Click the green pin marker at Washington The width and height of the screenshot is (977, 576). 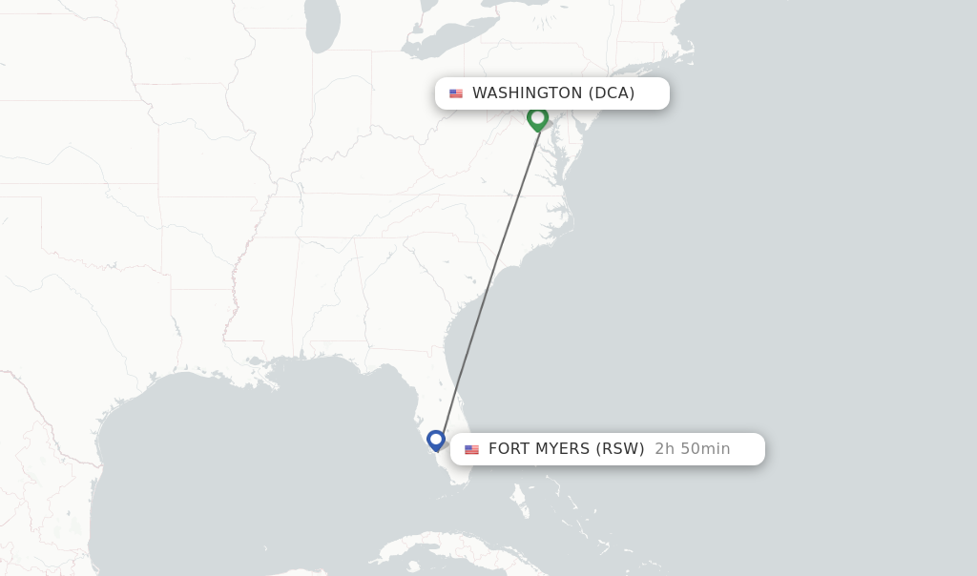[x=537, y=118]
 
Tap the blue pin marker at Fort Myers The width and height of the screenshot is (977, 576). [x=436, y=440]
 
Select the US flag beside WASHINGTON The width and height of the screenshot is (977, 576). [x=456, y=93]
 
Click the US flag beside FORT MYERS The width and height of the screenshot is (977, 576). [x=471, y=449]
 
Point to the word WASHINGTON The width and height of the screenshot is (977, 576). [x=527, y=93]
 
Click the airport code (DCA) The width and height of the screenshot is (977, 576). [x=612, y=93]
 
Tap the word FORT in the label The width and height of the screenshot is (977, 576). [x=509, y=449]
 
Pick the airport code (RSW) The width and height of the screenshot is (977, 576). [x=620, y=449]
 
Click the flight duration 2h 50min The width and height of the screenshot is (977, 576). [x=693, y=449]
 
